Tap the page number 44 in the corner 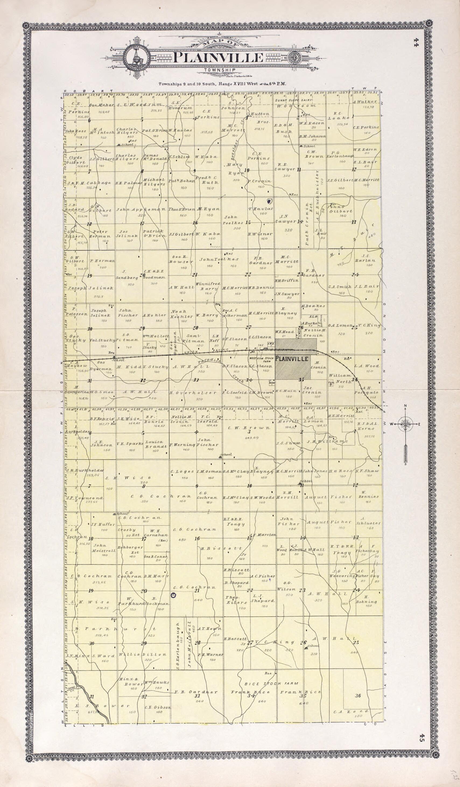[x=416, y=41]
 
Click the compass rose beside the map [x=405, y=424]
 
